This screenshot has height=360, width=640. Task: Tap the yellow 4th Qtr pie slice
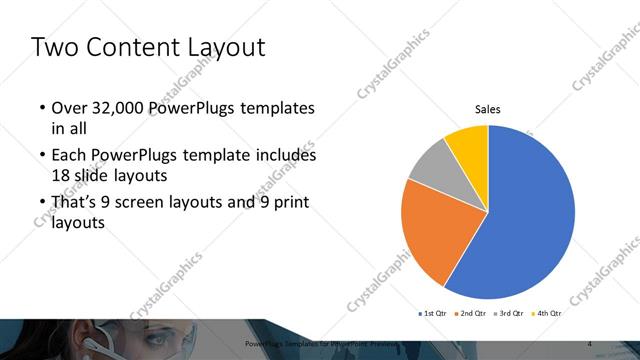(468, 143)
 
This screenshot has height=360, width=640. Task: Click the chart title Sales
(487, 110)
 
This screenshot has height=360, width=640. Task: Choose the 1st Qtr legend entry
(434, 313)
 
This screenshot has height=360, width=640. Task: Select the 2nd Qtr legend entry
(471, 313)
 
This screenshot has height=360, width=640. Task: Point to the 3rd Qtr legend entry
(510, 313)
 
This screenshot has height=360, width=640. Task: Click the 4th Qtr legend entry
(548, 313)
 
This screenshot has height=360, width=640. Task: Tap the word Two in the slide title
(53, 46)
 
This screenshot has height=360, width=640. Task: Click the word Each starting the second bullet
(68, 156)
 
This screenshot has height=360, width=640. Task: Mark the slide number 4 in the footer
(589, 344)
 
